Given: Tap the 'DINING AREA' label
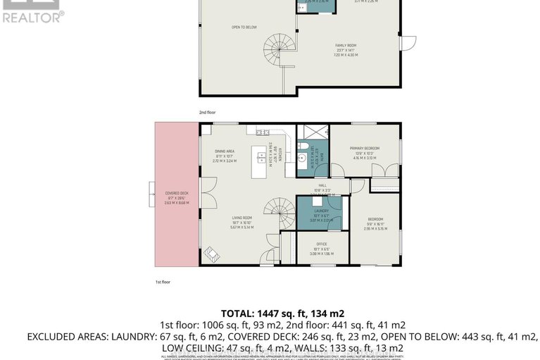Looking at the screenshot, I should tap(225, 151).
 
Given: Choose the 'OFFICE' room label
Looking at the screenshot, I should tap(321, 244).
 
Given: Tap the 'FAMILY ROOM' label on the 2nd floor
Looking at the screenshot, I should tap(346, 45).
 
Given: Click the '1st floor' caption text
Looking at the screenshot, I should tap(163, 281).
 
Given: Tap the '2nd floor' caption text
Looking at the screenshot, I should tap(206, 111).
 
